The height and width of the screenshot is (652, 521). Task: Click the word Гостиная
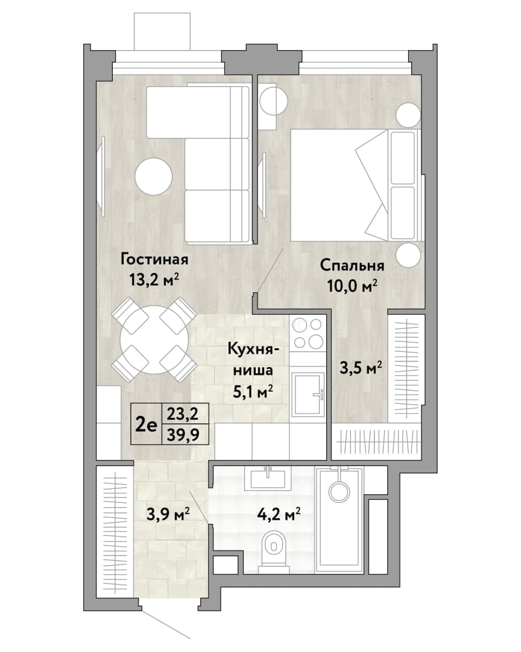[x=154, y=260]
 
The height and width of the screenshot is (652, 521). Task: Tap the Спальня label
[x=352, y=266]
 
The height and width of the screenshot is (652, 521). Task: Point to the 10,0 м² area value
[x=352, y=286]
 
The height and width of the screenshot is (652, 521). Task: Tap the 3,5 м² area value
[x=361, y=368]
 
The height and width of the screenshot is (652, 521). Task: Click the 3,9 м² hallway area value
[x=168, y=514]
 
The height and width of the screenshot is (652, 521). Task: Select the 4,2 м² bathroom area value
[x=279, y=515]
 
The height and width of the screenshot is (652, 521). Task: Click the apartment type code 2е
[x=147, y=425]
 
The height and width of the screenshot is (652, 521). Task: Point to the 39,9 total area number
[x=183, y=435]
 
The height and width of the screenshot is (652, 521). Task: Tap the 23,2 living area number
[x=183, y=414]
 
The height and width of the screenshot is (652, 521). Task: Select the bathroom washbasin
[x=268, y=478]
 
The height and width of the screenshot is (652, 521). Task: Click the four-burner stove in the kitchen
[x=308, y=333]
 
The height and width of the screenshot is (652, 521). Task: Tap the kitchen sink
[x=308, y=394]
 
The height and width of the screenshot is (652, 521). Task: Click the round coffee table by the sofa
[x=153, y=177]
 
